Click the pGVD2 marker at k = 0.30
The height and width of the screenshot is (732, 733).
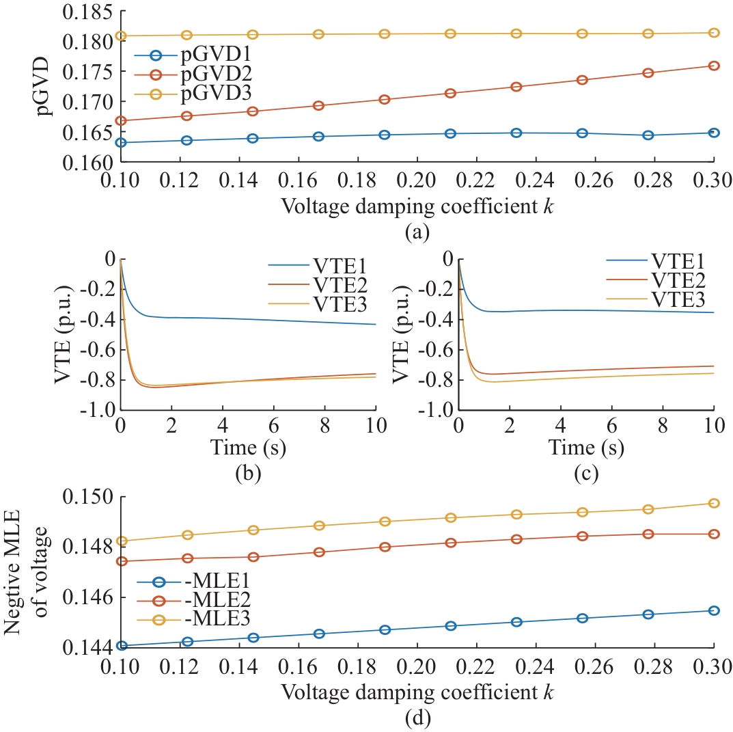coord(713,66)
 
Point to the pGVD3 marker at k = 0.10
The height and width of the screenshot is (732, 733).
coord(121,36)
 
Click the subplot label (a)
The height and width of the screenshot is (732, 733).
coord(417,233)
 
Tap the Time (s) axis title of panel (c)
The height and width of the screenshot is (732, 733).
coord(585,448)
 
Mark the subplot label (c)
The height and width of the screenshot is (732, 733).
coord(585,471)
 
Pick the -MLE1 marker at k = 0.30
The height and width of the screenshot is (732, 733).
coord(713,610)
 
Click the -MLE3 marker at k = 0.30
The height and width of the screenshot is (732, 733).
coord(713,503)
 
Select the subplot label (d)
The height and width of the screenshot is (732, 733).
coord(417,718)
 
